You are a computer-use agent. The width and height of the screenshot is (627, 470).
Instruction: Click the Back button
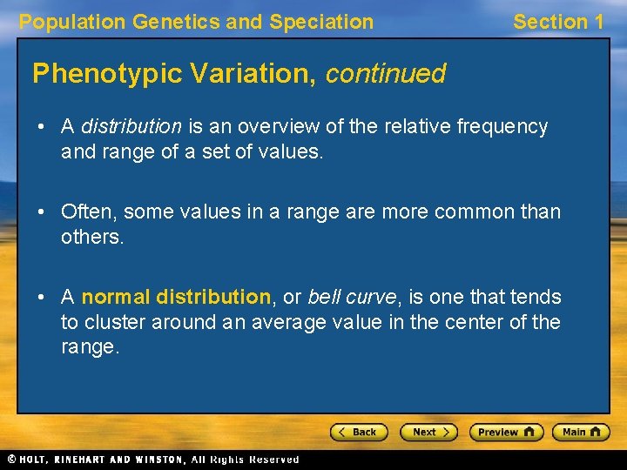359,432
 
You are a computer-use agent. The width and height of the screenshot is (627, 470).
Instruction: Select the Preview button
506,432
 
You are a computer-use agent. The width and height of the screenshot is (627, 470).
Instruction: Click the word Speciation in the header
321,22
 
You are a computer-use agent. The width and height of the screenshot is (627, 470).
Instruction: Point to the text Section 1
558,22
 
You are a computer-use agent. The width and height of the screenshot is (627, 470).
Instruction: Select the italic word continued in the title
386,74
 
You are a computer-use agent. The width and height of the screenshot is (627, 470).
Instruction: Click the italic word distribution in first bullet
131,127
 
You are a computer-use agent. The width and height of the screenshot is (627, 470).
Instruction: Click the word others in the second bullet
90,237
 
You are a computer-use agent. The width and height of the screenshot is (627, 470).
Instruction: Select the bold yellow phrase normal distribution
176,297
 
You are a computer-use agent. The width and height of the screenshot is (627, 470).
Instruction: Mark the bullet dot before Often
42,212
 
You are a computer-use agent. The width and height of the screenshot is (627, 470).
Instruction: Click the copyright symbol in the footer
12,459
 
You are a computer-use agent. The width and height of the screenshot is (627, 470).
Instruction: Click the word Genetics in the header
177,22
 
